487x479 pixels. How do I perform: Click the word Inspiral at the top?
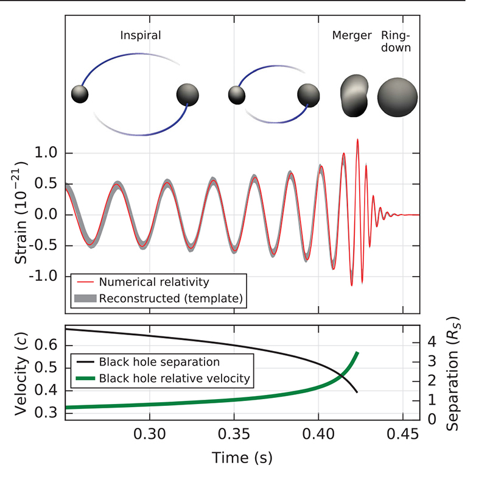tap(141, 35)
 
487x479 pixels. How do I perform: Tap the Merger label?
tap(351, 35)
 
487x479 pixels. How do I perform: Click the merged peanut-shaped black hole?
tap(354, 96)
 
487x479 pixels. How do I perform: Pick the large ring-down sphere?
tap(398, 97)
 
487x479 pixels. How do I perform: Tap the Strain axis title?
tap(20, 213)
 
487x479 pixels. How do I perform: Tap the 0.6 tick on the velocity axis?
tap(46, 345)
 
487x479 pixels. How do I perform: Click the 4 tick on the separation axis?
tap(432, 342)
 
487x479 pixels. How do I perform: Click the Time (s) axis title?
tap(242, 457)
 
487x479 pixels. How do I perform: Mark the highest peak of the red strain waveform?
tap(357, 140)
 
